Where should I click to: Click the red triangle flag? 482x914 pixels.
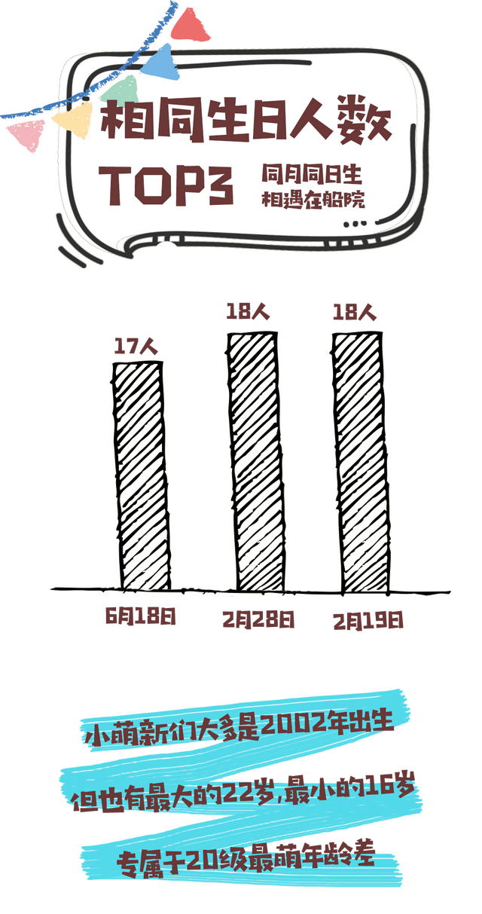coord(188,26)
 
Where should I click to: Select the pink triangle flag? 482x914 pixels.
coord(26,134)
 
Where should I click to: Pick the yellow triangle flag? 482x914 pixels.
coord(72,119)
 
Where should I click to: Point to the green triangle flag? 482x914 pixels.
coord(120,90)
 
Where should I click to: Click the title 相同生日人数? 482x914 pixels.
coord(246,121)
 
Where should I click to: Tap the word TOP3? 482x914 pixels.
coord(166,185)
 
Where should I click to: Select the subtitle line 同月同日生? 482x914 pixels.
coord(312,174)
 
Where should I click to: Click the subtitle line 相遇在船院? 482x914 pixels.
coord(313,200)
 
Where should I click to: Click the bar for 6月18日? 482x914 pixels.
coord(142,475)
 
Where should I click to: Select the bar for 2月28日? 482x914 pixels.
coord(254,461)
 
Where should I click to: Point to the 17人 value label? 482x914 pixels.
coord(136,347)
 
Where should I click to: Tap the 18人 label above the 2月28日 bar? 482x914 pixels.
coord(248,312)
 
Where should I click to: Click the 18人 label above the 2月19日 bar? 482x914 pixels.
coord(355,313)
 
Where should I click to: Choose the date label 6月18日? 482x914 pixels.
coord(140,616)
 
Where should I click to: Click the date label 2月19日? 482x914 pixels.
coord(368,621)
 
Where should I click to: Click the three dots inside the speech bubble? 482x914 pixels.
coord(355,224)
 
